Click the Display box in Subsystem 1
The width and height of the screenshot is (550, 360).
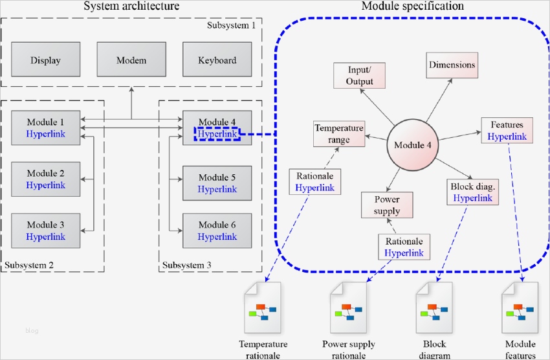coord(45,60)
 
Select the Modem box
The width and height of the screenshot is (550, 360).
coord(131,60)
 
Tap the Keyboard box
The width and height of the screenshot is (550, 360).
coord(217,60)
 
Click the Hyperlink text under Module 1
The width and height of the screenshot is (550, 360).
coord(46,134)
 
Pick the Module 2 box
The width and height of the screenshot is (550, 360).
coord(46,179)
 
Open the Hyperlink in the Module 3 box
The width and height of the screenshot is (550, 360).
coord(46,236)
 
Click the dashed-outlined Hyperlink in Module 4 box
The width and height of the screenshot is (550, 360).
coord(217,134)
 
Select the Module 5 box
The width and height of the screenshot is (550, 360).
coord(217,183)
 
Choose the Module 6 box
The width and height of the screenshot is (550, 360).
coord(217,231)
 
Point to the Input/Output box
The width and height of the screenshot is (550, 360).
coord(360,75)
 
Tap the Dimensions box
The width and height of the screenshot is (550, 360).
coord(452,65)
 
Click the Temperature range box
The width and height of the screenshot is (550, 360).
coord(338,133)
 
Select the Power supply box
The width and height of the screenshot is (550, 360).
coord(387,205)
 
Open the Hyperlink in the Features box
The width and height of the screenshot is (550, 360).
coord(507,137)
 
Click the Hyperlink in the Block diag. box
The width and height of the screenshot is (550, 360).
coord(473,198)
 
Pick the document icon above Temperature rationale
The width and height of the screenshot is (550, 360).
coord(262,308)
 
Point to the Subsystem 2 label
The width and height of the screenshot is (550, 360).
coord(29,265)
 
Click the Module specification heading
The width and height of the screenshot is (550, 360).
coord(412,6)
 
